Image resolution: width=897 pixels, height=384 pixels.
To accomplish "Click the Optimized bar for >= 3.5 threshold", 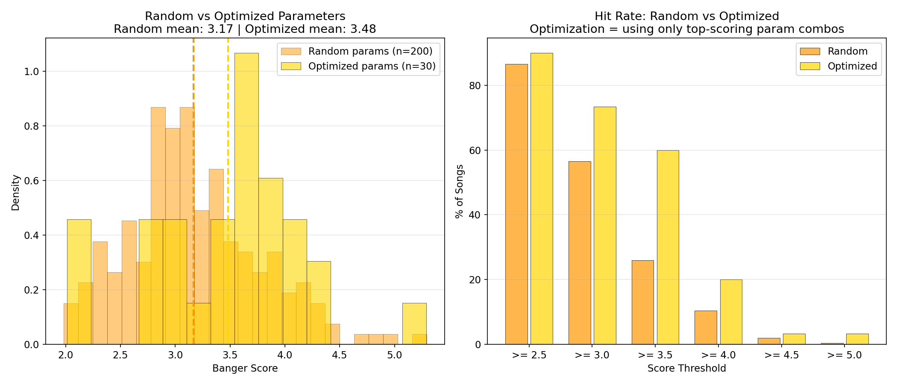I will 668,247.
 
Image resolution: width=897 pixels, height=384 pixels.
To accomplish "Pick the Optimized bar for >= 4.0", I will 731,312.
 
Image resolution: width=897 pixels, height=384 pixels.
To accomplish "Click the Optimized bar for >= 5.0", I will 857,339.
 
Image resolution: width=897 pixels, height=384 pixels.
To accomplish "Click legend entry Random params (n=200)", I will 370,52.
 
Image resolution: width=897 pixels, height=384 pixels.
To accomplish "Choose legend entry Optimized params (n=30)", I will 372,66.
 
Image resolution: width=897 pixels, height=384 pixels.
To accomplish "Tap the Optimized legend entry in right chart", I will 852,66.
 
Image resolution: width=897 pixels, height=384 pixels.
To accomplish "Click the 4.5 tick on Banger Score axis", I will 340,355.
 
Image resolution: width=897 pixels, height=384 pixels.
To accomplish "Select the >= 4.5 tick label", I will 781,355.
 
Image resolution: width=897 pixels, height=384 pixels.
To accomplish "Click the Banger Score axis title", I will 245,368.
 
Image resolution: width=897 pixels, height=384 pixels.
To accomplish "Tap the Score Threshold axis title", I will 686,368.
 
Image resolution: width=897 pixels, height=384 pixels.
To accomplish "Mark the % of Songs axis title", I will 460,191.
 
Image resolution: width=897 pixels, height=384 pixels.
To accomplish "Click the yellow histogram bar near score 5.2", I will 414,324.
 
